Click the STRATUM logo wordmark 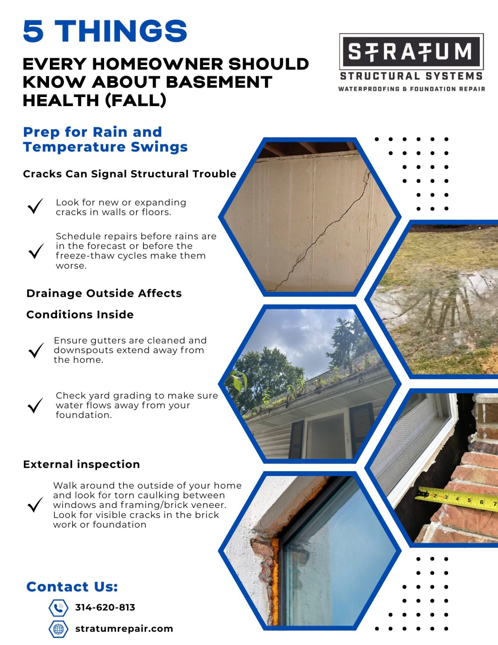coord(411,51)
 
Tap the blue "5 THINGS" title coord(105,31)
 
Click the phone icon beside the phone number coord(58,608)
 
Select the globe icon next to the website coord(58,629)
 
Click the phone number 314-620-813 coord(105,607)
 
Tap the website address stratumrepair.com coord(124,629)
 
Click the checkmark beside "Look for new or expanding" coord(35,206)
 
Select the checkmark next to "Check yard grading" coord(35,405)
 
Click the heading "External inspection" coord(82,464)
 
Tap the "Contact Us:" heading coord(72,587)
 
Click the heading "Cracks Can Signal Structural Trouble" coord(130,174)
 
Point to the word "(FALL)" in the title coord(136,100)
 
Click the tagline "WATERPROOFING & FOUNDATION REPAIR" coord(411,89)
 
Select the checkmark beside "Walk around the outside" coord(35,505)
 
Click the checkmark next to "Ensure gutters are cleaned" coord(36,350)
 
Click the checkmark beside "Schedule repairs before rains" coord(36,251)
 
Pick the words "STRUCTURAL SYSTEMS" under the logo coord(411,76)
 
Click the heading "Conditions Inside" coord(80,314)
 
